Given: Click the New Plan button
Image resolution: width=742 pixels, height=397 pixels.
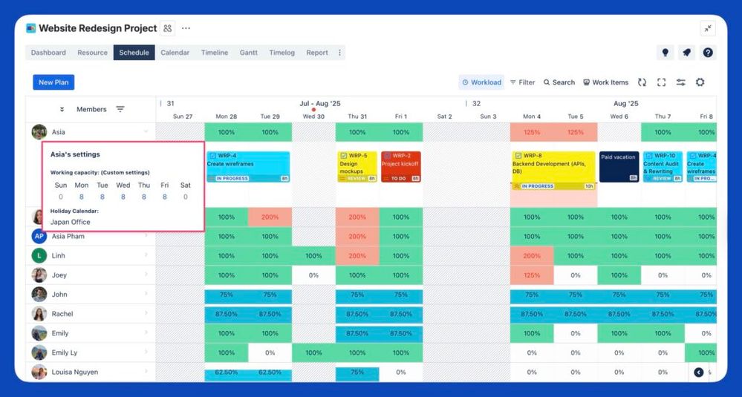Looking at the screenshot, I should [53, 82].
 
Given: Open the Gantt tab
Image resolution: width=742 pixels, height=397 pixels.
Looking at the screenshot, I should [249, 53].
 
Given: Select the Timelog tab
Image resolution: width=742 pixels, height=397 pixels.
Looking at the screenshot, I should [281, 53].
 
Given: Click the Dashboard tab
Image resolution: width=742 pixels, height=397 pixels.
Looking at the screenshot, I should [48, 53].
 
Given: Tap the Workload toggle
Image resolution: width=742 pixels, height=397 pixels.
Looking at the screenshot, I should [481, 82].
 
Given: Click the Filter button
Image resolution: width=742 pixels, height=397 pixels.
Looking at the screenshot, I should [522, 82].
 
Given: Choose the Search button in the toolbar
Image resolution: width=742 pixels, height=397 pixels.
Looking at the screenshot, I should [559, 82].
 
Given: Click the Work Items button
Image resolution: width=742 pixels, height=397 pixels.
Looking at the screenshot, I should [605, 82].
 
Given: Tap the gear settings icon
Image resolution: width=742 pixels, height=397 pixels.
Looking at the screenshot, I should [700, 82].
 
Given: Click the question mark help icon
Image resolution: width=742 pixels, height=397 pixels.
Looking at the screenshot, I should [708, 53].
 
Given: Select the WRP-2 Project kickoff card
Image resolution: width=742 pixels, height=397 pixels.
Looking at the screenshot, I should [400, 167].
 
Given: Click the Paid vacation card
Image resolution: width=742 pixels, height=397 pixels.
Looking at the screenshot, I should [619, 167].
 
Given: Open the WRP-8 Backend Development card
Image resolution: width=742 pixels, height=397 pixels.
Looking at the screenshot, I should [553, 167].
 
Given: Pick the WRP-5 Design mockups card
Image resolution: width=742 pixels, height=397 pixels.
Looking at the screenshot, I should [357, 167].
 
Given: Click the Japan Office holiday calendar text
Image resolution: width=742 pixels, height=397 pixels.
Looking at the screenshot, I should [71, 222].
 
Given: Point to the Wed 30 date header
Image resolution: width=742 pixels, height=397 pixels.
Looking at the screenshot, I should [313, 117].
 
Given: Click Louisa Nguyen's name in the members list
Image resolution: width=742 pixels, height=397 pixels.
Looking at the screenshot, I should [74, 372].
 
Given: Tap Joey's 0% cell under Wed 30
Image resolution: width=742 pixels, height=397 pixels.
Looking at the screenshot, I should [313, 275].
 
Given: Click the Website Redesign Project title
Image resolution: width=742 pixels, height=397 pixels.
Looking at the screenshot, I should [97, 28].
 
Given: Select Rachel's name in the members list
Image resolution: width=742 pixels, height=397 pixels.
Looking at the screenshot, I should [62, 314].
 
